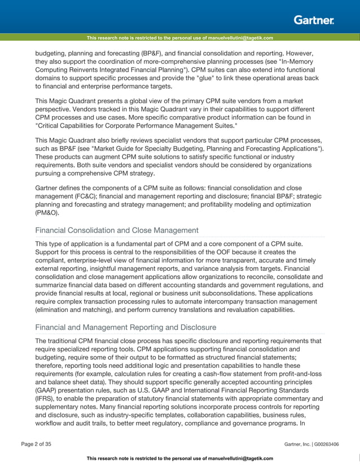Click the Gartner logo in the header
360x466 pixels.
pos(313,20)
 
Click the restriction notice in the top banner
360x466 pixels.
pos(179,38)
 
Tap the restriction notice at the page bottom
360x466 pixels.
pos(179,458)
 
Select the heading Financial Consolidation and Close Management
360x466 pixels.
pos(117,230)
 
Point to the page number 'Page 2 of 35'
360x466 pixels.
pos(36,445)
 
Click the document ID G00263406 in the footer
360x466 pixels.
pos(324,445)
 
